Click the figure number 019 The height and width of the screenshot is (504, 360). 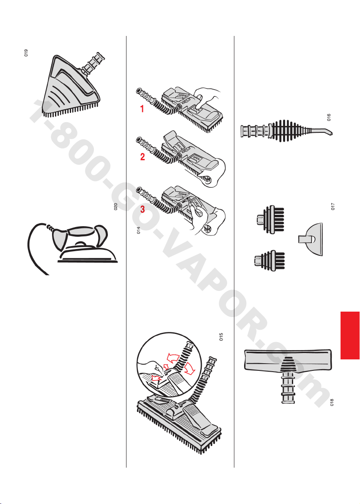click(x=26, y=53)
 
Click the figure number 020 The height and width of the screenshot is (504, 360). click(x=116, y=207)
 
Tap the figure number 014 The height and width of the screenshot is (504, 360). click(x=138, y=230)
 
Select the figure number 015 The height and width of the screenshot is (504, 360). click(x=221, y=337)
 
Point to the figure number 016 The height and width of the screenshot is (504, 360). click(x=328, y=117)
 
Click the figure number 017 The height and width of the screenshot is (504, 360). click(x=333, y=206)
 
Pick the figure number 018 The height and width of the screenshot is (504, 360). click(x=332, y=402)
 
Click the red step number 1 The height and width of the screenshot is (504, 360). click(x=142, y=109)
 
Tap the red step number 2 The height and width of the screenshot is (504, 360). click(x=142, y=157)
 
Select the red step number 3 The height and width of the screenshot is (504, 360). click(x=142, y=210)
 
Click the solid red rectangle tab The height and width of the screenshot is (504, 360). click(x=350, y=335)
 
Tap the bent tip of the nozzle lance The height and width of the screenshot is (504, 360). click(x=330, y=132)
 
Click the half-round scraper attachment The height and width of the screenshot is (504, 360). click(x=310, y=239)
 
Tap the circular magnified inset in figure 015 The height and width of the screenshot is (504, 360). click(x=169, y=365)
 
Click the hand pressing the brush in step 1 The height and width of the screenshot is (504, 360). click(x=208, y=96)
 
